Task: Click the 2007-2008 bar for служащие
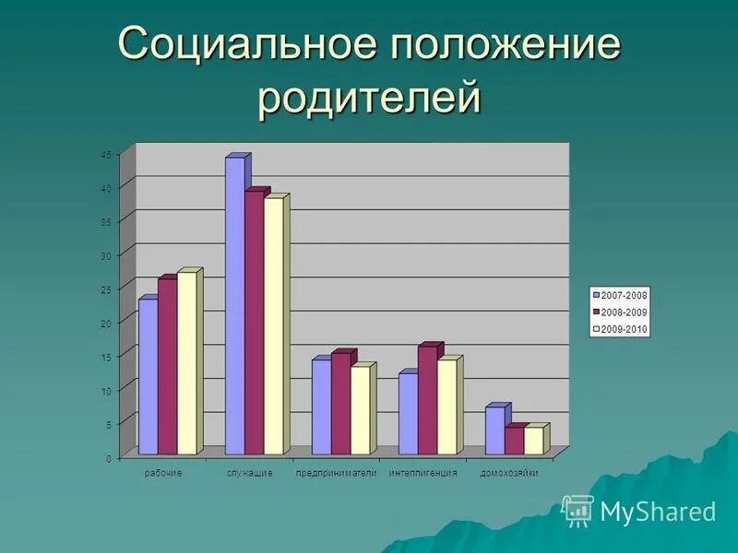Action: pos(234,304)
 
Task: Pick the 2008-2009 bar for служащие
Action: pos(254,323)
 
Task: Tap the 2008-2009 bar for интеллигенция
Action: pos(427,400)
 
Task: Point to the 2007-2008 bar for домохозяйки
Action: pos(494,430)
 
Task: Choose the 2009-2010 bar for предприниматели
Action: pos(360,410)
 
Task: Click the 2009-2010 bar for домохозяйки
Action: pos(533,441)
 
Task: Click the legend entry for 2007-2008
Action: pos(621,295)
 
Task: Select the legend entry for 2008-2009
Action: pos(621,312)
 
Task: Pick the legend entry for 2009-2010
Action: pos(621,329)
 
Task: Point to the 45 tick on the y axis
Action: pos(106,155)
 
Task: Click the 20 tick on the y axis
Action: pos(106,324)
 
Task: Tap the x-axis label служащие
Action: pos(250,473)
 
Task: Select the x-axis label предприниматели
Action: pos(337,473)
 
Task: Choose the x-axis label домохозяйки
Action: pos(509,473)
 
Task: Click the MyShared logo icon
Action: pos(577,510)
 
